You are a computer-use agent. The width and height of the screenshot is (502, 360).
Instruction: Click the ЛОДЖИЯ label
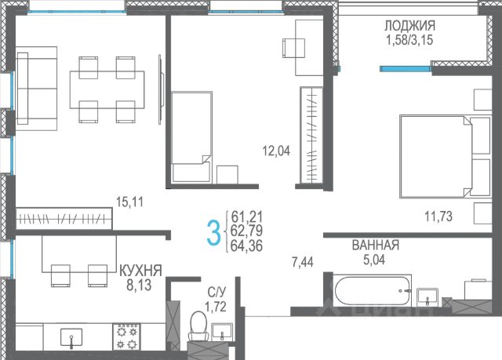(x=409, y=25)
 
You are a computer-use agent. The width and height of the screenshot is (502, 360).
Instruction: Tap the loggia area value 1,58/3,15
(x=409, y=40)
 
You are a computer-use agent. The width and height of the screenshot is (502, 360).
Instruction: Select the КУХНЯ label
(x=140, y=271)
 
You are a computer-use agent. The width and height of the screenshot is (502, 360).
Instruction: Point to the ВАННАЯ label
(x=376, y=245)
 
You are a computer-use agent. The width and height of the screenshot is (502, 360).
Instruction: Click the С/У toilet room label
(x=216, y=292)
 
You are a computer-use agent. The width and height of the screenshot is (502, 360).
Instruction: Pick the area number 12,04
(x=276, y=151)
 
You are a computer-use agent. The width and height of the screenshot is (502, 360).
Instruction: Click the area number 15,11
(x=129, y=202)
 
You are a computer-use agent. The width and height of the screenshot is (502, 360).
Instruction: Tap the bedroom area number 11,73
(x=438, y=216)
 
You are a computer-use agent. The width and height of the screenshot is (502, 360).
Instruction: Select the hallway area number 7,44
(x=303, y=263)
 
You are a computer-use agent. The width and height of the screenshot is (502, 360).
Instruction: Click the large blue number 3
(x=213, y=233)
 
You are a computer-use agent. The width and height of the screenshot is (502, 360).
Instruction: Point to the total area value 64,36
(x=247, y=245)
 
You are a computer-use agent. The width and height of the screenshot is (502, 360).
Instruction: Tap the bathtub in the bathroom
(x=373, y=290)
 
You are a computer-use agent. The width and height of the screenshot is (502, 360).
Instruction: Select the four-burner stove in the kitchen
(x=126, y=336)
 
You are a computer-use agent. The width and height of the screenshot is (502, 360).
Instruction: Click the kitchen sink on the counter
(x=71, y=337)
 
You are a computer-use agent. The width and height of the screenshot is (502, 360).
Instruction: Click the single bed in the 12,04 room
(x=191, y=137)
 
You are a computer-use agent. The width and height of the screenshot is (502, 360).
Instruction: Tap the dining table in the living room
(x=107, y=89)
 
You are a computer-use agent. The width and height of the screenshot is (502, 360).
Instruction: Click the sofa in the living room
(x=37, y=89)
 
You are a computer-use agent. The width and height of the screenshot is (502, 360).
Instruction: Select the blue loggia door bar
(x=406, y=68)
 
